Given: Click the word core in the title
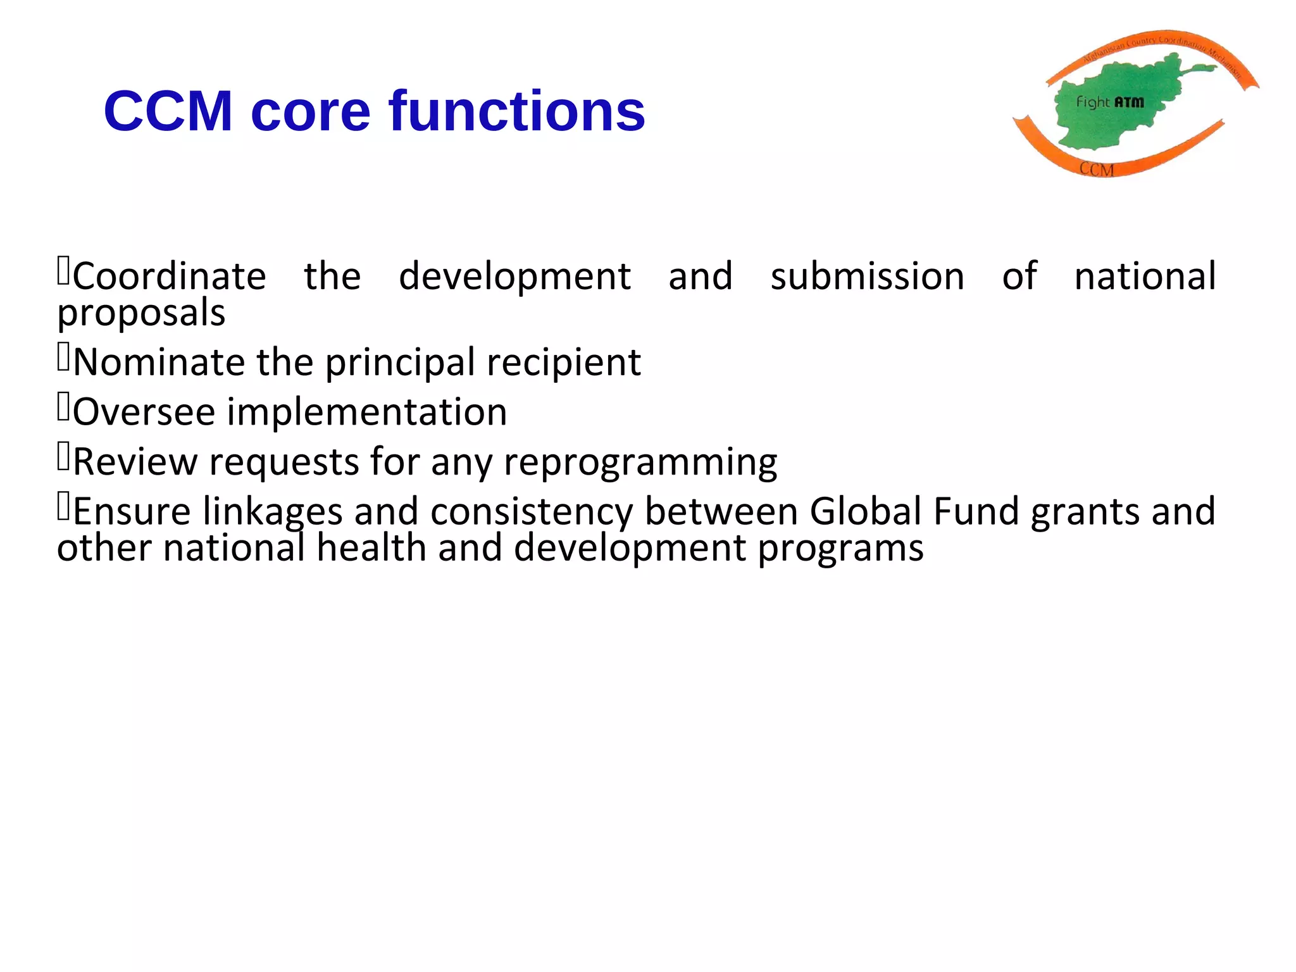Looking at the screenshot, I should click(x=310, y=111).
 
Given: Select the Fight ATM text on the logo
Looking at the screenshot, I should click(x=1110, y=102).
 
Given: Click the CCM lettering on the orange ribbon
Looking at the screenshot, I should click(x=1096, y=169).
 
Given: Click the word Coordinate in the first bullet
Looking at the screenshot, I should click(x=170, y=277).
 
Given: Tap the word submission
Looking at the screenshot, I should click(x=867, y=277).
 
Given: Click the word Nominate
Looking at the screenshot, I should click(x=159, y=363).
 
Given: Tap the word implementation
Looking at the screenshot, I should click(x=367, y=412).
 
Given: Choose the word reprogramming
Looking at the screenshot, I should click(x=640, y=462).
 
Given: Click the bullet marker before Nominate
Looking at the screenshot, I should click(x=63, y=358).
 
